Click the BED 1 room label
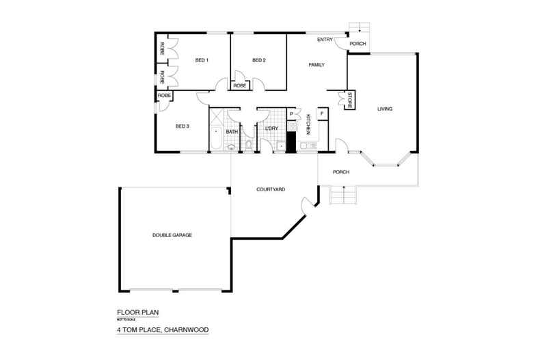202,60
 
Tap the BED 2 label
258,60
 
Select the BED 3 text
182,126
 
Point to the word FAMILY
316,65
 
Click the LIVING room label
386,109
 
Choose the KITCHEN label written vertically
309,124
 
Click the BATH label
232,131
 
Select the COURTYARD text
271,189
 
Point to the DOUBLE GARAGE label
172,235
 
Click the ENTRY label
325,40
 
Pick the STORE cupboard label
349,99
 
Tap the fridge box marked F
321,113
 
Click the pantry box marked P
292,113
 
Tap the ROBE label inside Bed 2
240,86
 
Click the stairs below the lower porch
343,195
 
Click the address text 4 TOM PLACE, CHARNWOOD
162,330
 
